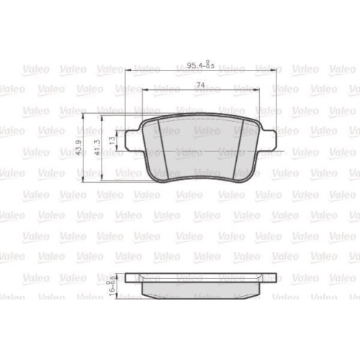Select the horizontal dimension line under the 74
(173, 90)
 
